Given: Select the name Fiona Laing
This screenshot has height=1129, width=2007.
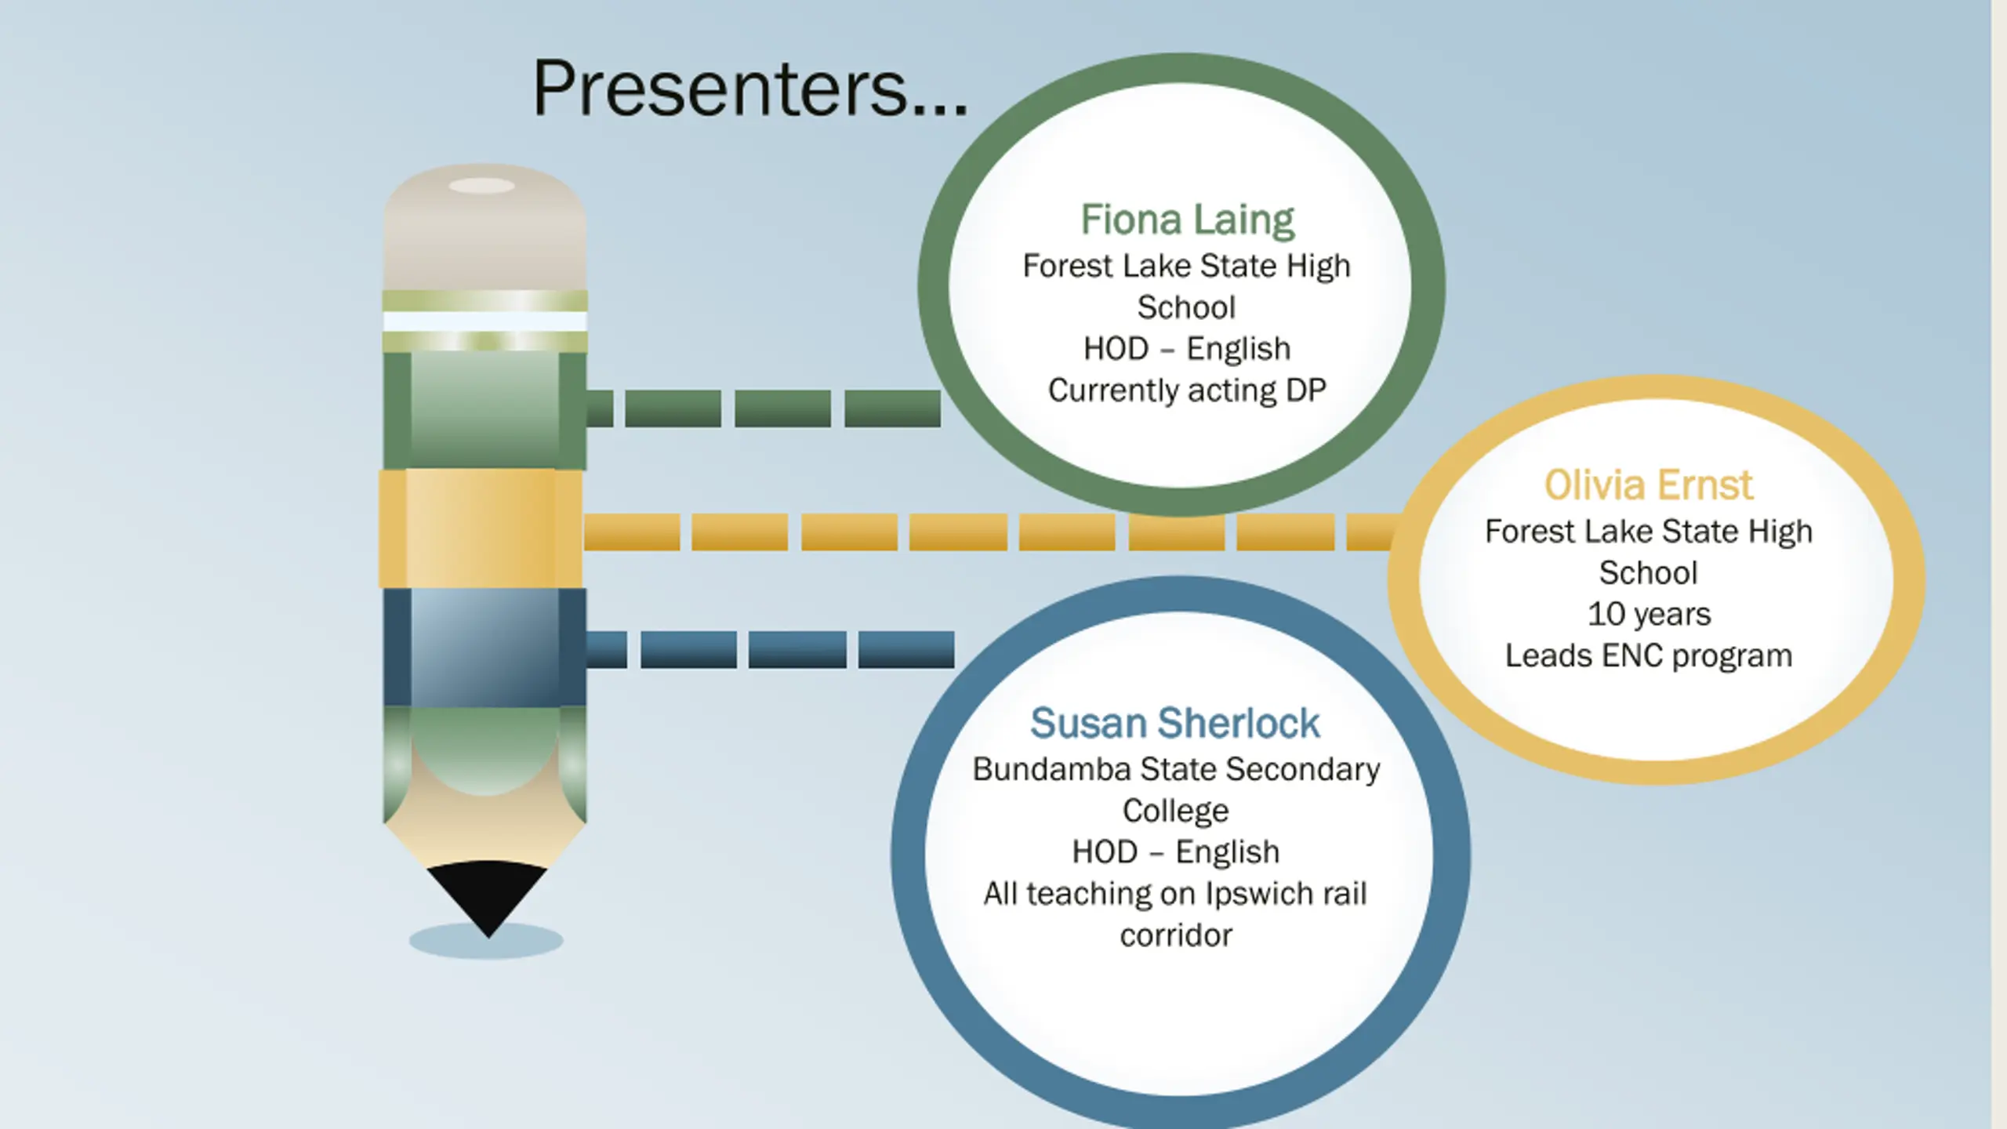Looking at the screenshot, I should pyautogui.click(x=1187, y=220).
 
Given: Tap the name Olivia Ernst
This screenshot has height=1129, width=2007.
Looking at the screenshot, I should pyautogui.click(x=1648, y=485).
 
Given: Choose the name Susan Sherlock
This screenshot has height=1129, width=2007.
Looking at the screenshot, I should pyautogui.click(x=1174, y=723).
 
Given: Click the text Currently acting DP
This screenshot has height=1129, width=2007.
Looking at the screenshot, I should pyautogui.click(x=1187, y=390).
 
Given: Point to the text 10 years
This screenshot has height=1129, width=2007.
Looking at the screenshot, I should pyautogui.click(x=1649, y=615).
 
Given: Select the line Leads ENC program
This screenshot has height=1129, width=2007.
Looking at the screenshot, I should pyautogui.click(x=1648, y=656).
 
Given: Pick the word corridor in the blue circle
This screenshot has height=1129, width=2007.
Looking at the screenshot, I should pyautogui.click(x=1175, y=935).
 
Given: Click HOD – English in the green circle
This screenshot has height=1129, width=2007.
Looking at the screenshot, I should pyautogui.click(x=1187, y=349).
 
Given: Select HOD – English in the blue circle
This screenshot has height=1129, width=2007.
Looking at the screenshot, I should pyautogui.click(x=1175, y=852).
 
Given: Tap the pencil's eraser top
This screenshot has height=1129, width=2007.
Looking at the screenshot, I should pyautogui.click(x=484, y=227).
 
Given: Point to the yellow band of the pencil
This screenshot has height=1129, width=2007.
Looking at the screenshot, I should pyautogui.click(x=481, y=528).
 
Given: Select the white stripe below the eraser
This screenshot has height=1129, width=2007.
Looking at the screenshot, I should pyautogui.click(x=485, y=321).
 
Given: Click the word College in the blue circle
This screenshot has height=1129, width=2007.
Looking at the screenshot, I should pyautogui.click(x=1175, y=811).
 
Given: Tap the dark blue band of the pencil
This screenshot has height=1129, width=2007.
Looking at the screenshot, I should pyautogui.click(x=484, y=647).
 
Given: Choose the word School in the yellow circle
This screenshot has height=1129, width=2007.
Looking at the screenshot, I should pyautogui.click(x=1648, y=573).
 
